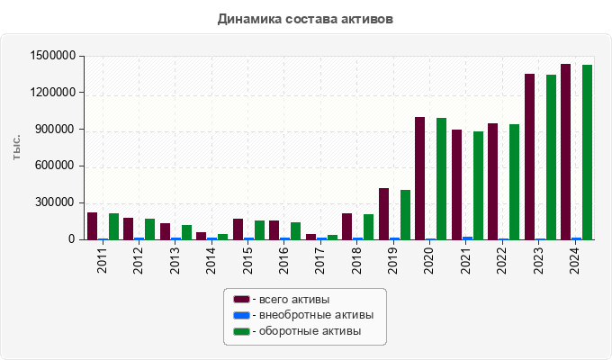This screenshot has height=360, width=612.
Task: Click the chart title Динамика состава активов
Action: (305, 18)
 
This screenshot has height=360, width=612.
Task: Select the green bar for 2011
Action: (113, 226)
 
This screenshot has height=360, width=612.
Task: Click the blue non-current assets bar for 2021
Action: (467, 238)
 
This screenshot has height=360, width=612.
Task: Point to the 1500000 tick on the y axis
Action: (51, 56)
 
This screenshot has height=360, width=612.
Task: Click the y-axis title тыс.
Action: (16, 148)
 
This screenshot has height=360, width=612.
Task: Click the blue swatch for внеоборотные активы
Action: (240, 315)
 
